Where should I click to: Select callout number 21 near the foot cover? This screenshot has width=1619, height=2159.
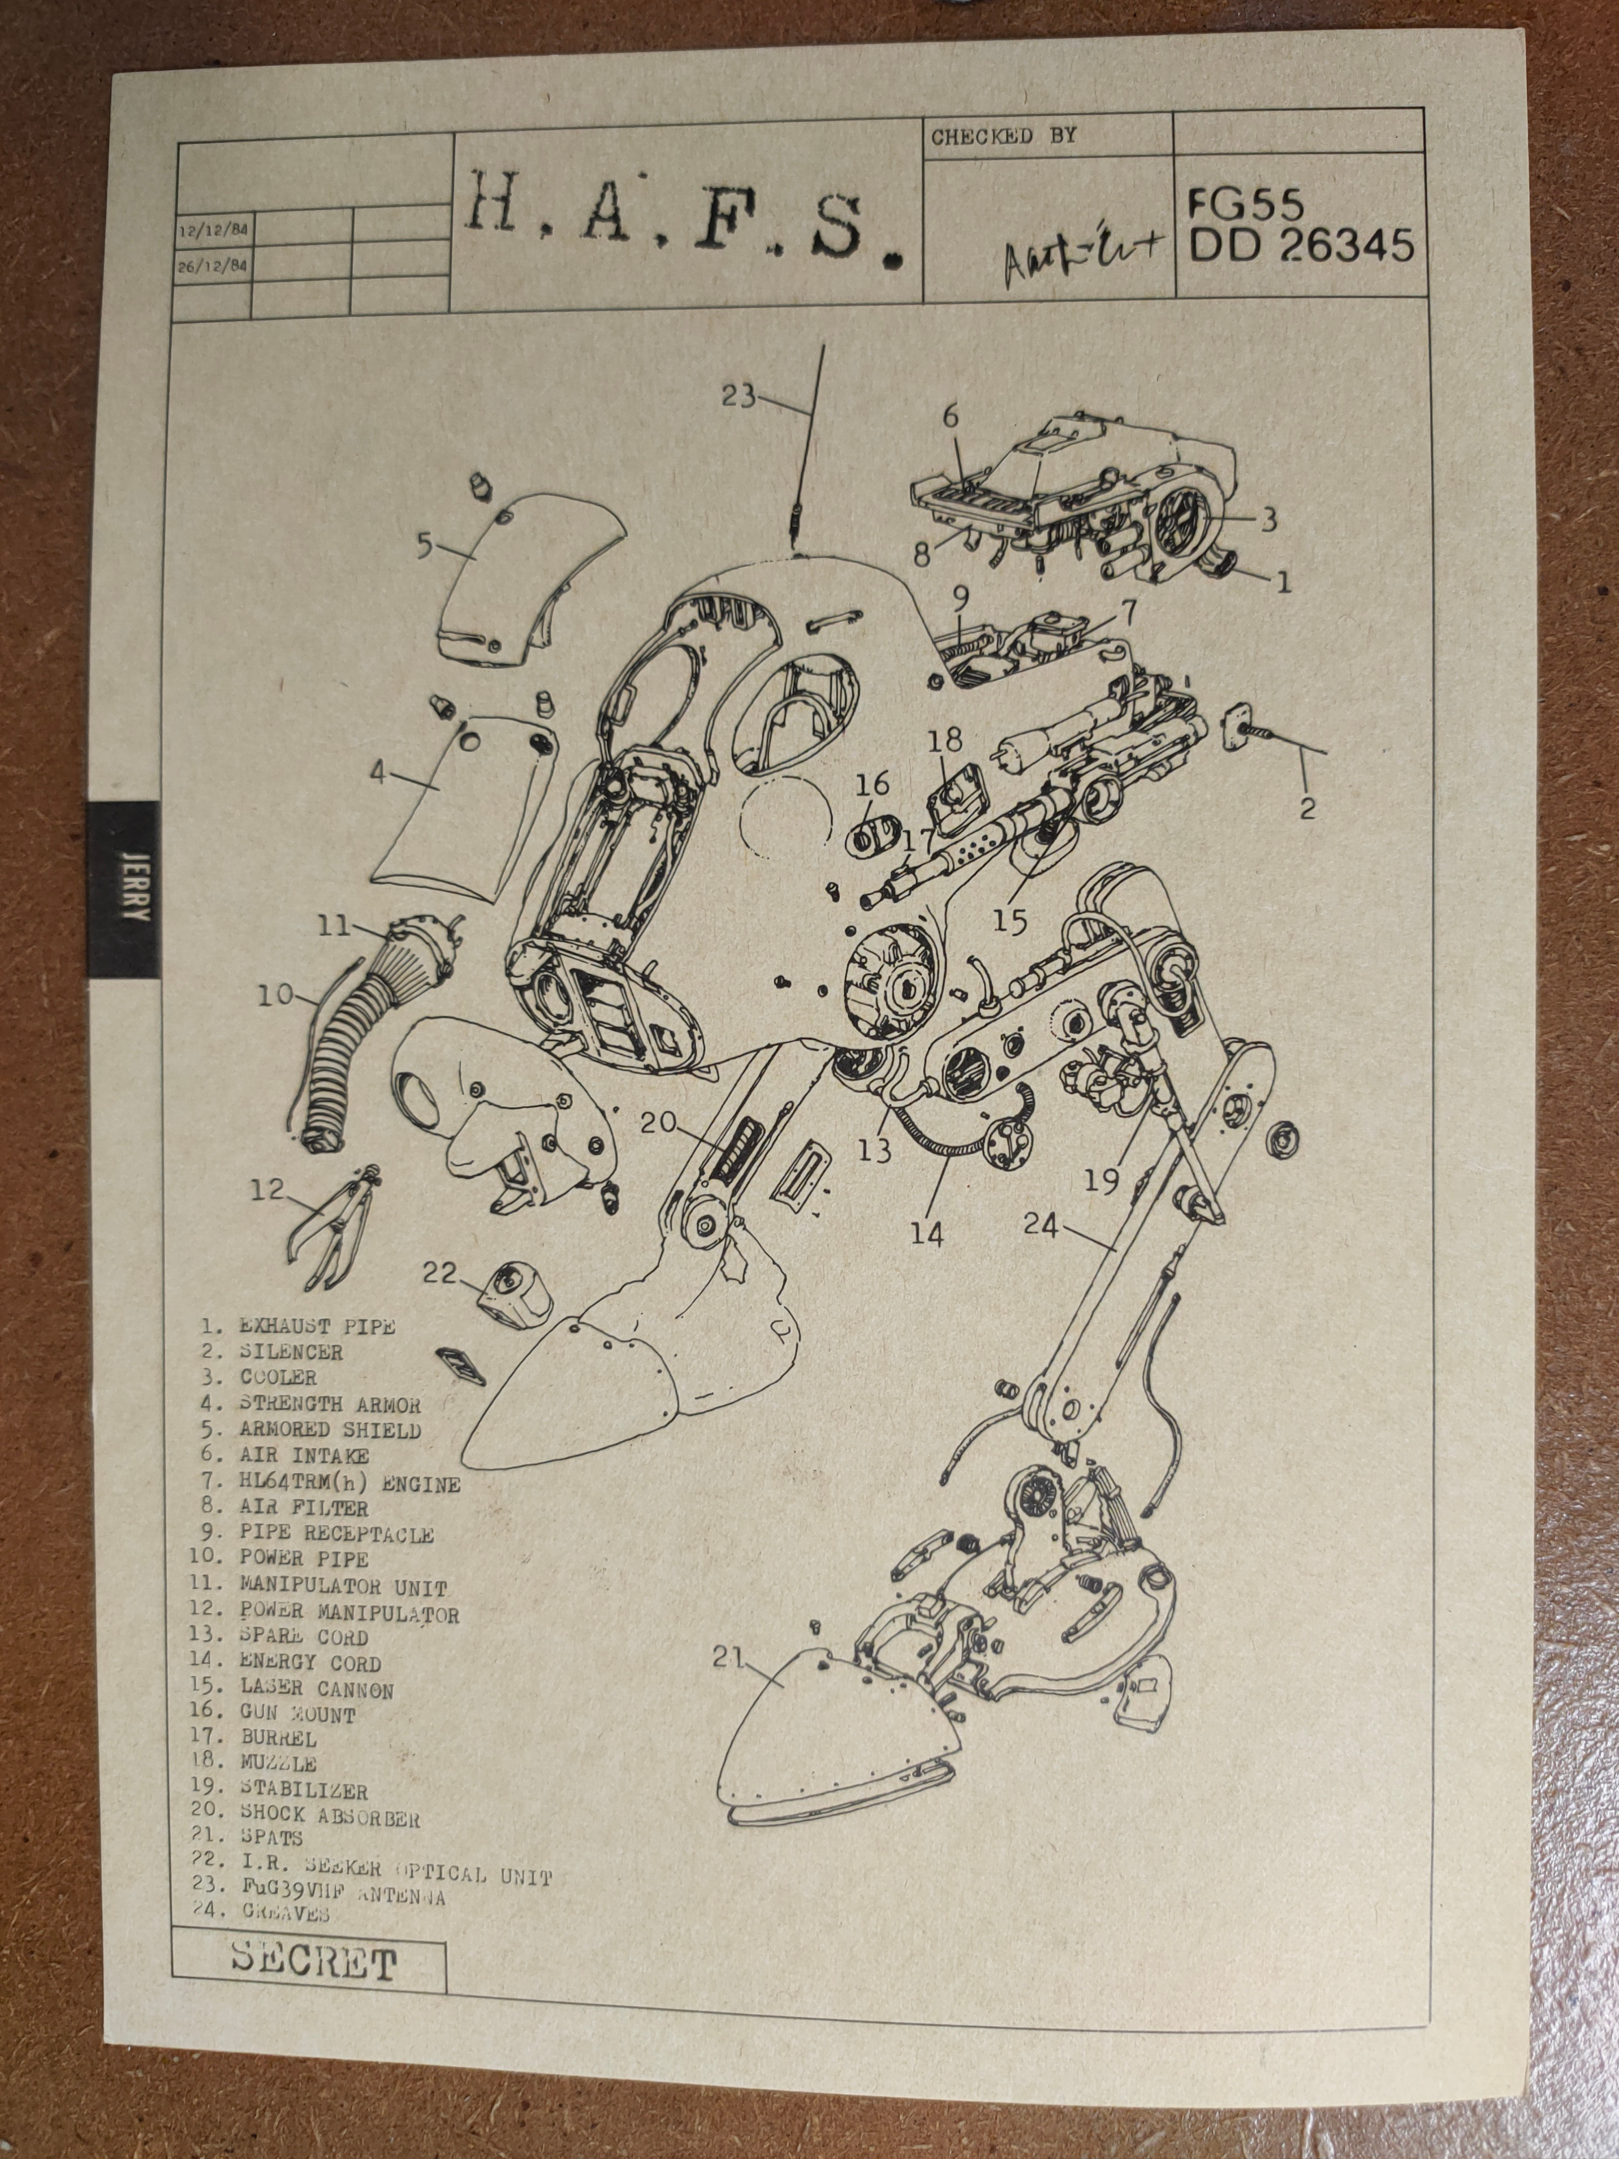click(x=728, y=1658)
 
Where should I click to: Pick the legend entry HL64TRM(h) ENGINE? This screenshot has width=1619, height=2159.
click(x=349, y=1484)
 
